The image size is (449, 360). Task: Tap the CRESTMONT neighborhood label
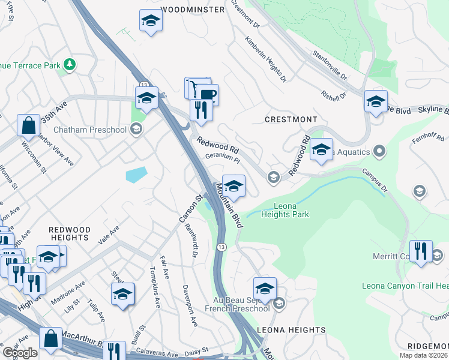291,119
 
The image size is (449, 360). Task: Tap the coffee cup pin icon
208,94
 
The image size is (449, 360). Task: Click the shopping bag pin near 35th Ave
28,125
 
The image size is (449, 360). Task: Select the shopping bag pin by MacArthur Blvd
50,338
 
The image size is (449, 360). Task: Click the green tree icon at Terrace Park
71,63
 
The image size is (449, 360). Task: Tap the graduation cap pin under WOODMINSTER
151,21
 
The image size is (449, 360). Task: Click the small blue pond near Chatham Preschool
136,175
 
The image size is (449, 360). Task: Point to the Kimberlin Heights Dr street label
265,59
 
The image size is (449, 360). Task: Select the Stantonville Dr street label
330,66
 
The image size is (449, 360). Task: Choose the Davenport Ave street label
190,305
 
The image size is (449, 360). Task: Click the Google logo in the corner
19,353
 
